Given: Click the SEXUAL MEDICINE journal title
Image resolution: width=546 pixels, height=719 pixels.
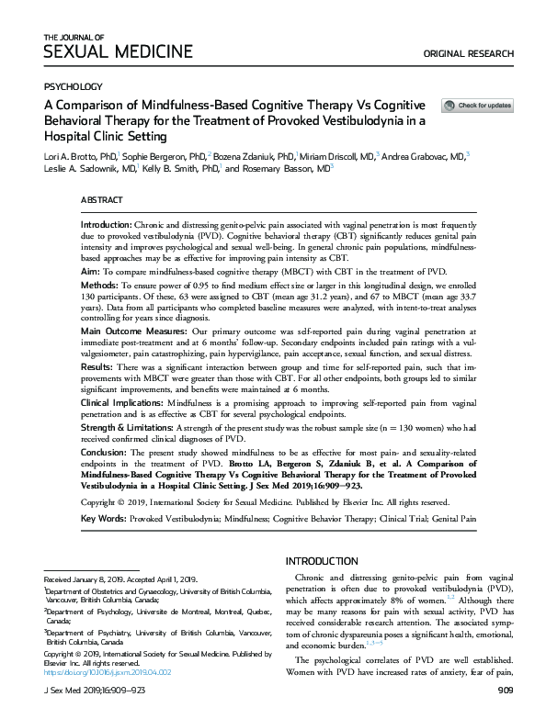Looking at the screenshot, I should click(119, 51).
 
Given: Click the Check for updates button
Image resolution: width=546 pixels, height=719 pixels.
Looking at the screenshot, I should click(477, 106).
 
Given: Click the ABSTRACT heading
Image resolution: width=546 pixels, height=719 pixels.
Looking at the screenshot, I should click(101, 199).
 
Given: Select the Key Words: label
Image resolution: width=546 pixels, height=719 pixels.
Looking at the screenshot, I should click(102, 519).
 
